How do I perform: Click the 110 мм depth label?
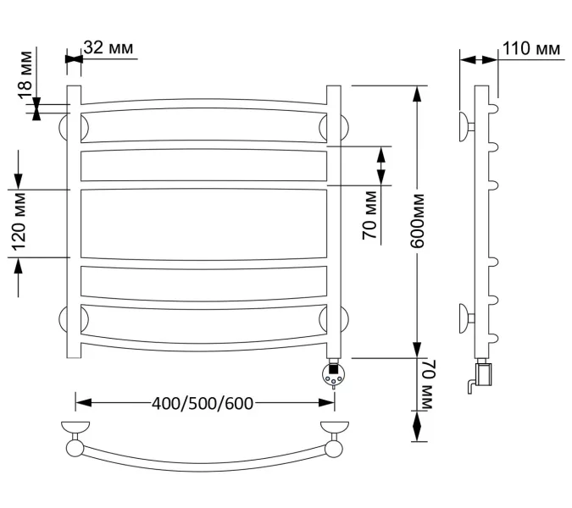tap(530, 49)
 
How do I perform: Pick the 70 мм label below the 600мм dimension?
tap(425, 386)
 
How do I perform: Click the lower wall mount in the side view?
tap(467, 316)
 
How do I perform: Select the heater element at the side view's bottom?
tap(483, 373)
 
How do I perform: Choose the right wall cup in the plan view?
tap(334, 427)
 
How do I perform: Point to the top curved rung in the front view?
tap(203, 105)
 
